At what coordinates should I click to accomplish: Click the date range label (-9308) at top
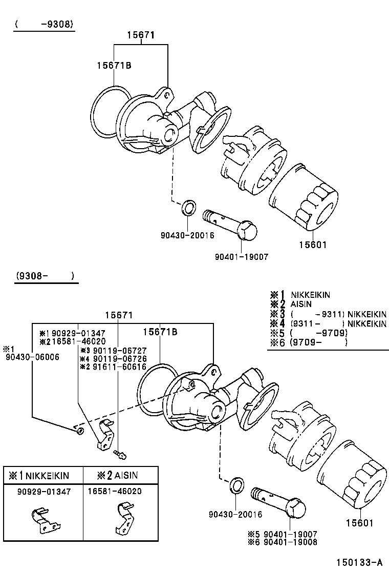(x=45, y=24)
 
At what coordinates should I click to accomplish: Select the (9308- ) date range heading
(x=45, y=276)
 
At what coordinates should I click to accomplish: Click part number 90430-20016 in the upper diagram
(x=187, y=235)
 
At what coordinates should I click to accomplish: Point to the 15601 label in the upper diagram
(x=313, y=245)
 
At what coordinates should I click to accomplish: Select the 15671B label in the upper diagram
(x=114, y=65)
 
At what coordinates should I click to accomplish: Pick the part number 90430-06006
(x=32, y=357)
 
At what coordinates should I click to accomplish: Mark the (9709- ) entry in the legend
(x=318, y=342)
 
